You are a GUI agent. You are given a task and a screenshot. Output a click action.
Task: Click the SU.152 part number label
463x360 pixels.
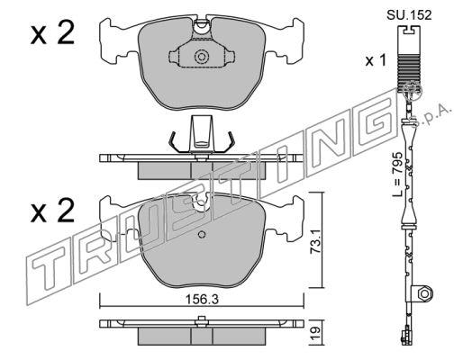click(x=409, y=14)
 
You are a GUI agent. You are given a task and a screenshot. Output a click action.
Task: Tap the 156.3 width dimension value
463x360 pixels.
click(x=202, y=299)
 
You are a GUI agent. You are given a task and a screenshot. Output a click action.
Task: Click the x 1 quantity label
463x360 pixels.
click(x=376, y=61)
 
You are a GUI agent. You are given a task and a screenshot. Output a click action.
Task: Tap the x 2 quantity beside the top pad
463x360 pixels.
click(x=52, y=33)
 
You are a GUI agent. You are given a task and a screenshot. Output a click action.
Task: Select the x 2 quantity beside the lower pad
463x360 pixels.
click(x=52, y=211)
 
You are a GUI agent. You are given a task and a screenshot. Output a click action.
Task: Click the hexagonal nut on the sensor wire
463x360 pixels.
click(x=424, y=293)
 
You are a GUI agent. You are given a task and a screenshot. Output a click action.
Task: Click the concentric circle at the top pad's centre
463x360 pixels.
click(x=201, y=57)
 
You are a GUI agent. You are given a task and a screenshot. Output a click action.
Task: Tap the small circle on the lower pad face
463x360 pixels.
click(x=202, y=235)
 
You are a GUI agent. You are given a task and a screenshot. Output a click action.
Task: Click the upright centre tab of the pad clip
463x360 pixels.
click(x=202, y=132)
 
